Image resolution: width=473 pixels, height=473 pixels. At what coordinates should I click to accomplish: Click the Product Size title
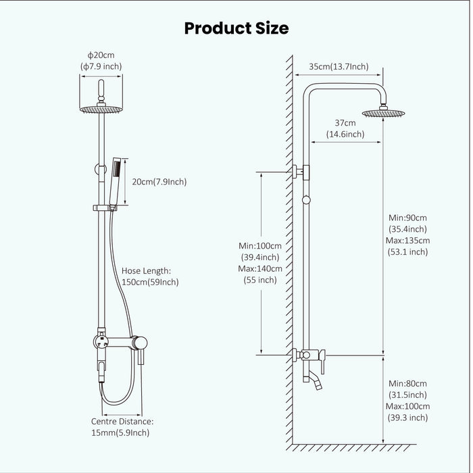coord(236,28)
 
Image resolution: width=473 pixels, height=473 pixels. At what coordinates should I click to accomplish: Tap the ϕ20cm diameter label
coord(100,54)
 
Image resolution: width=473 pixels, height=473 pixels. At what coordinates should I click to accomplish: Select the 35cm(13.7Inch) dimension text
coord(339,66)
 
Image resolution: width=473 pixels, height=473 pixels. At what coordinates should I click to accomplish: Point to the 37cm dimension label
coord(345,122)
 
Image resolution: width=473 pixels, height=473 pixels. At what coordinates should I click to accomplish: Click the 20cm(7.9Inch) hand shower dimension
coord(159,182)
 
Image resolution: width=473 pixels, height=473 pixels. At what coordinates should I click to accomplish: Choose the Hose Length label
coord(147,270)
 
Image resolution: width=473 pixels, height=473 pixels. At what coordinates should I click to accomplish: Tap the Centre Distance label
coord(122,421)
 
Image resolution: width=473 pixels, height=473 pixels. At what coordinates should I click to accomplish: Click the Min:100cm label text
coord(261,245)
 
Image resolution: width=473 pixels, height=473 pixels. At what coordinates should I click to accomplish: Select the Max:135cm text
coord(409,241)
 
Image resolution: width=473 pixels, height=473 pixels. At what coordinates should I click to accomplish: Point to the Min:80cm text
coord(408,383)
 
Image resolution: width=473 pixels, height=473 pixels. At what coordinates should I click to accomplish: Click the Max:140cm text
coord(261,268)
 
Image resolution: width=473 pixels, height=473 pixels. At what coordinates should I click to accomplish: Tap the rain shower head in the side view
coord(382,113)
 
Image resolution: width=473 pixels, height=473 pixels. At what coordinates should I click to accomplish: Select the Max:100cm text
coord(409,406)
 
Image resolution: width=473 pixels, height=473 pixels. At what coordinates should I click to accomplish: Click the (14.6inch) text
coord(345,134)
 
